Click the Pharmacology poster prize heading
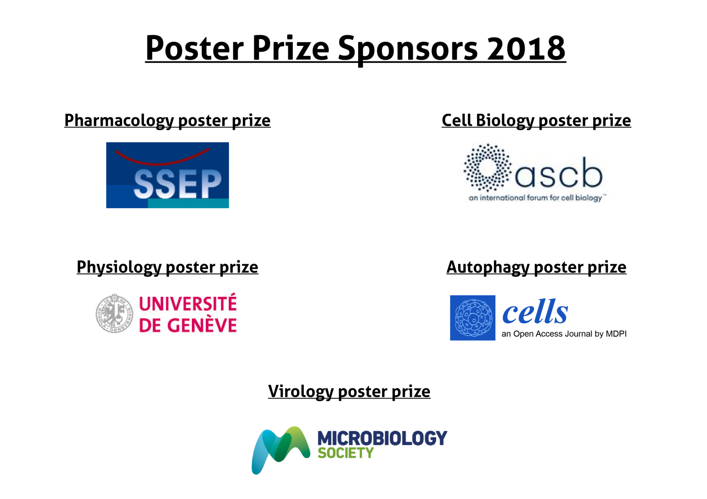(167, 121)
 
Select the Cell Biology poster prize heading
(536, 121)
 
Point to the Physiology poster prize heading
(167, 267)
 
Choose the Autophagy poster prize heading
(536, 267)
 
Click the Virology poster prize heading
(349, 391)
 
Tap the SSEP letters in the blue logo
(177, 184)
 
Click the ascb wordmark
(559, 173)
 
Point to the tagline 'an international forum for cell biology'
(535, 198)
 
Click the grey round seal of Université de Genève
(114, 313)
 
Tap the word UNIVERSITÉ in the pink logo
(188, 303)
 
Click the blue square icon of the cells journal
(472, 318)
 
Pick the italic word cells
(535, 311)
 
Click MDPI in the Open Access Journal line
(616, 334)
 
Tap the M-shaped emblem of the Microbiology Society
(281, 450)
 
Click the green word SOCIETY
(346, 453)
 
